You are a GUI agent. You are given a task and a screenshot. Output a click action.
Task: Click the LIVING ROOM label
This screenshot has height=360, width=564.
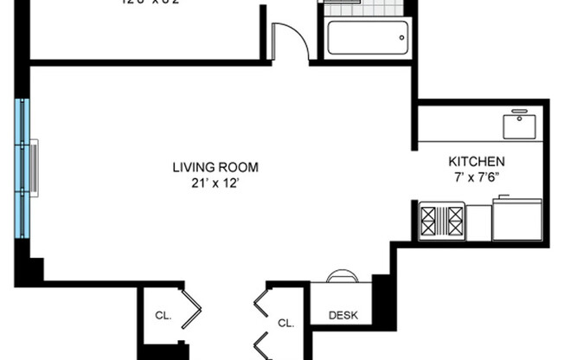coord(215,167)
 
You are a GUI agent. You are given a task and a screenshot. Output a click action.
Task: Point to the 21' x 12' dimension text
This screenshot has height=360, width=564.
coord(215,183)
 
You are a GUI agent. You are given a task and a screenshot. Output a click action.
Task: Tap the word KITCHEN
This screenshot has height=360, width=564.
coord(476,162)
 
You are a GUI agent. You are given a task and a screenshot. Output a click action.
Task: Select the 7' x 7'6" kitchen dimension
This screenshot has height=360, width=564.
coord(476,177)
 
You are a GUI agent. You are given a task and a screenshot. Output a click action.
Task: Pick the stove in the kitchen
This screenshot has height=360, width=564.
coord(442,221)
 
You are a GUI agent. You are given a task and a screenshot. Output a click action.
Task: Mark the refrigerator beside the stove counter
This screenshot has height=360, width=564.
coord(517,220)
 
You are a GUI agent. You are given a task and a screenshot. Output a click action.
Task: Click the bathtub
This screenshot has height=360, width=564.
coord(367,39)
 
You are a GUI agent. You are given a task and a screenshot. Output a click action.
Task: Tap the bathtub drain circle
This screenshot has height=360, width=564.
coord(401,38)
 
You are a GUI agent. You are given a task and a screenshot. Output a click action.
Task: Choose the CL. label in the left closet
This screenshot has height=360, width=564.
coord(163,316)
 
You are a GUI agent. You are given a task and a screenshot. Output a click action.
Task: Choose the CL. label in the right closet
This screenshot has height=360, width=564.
coord(286,323)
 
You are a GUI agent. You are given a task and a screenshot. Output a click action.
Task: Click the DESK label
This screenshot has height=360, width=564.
coord(343,316)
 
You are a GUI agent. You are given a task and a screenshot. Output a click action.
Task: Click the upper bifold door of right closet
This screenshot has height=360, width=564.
coord(260,304)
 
